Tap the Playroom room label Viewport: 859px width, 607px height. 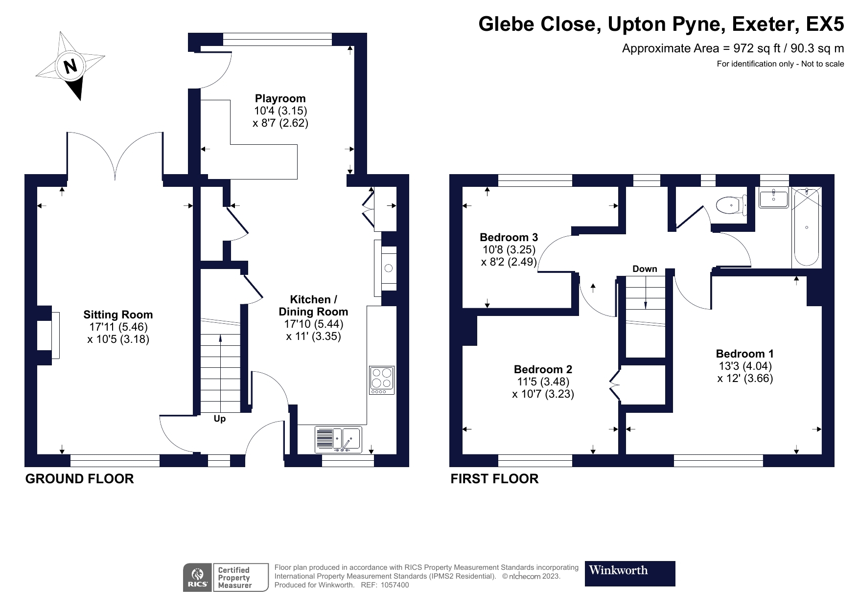[280, 98]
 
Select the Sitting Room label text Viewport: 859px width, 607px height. [118, 315]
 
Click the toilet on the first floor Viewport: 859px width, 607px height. [731, 205]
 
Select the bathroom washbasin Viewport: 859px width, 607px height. [773, 198]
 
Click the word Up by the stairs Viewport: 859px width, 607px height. [220, 419]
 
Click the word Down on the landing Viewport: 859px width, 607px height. [645, 269]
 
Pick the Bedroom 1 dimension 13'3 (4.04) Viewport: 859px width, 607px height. [744, 366]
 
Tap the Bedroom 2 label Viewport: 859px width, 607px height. [543, 369]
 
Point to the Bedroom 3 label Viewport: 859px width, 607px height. [509, 237]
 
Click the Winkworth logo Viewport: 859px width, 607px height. [629, 573]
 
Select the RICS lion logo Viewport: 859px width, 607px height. [198, 578]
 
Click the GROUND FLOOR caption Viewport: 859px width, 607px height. [79, 479]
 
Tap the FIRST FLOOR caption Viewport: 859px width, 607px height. [494, 479]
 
